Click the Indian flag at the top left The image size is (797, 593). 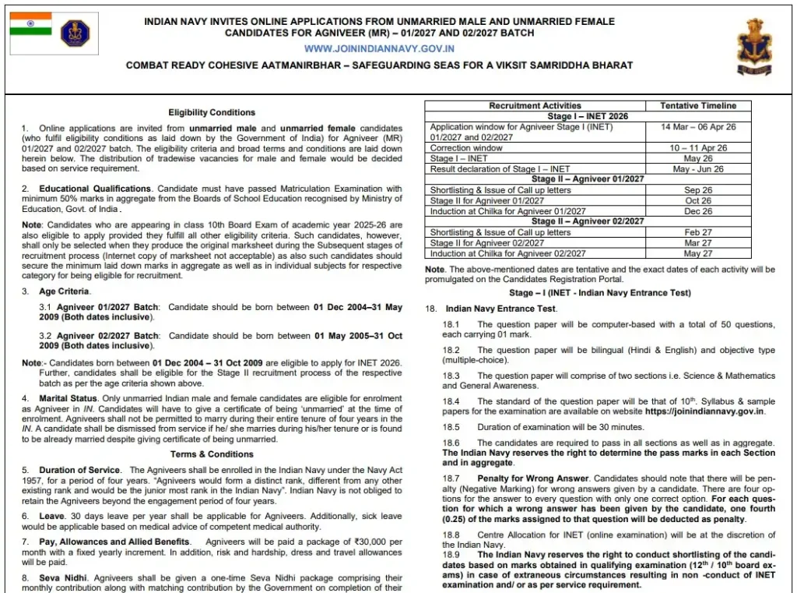[x=31, y=24]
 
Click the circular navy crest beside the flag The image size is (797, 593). [x=75, y=34]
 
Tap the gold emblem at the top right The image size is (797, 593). [x=754, y=48]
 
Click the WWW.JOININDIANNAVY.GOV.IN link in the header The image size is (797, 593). [x=379, y=48]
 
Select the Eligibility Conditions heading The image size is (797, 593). [x=212, y=112]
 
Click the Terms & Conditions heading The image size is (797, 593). [x=212, y=454]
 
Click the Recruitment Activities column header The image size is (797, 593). [x=535, y=106]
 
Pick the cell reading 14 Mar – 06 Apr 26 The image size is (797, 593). [x=698, y=127]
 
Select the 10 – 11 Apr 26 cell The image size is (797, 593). [x=698, y=148]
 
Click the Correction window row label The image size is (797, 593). [x=466, y=148]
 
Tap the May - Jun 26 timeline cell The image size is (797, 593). [x=698, y=169]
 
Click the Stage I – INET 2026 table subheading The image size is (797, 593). [x=587, y=116]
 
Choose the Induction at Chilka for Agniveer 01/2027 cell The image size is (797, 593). [x=507, y=211]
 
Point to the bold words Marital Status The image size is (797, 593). [x=71, y=399]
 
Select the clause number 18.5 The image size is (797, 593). [x=451, y=427]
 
